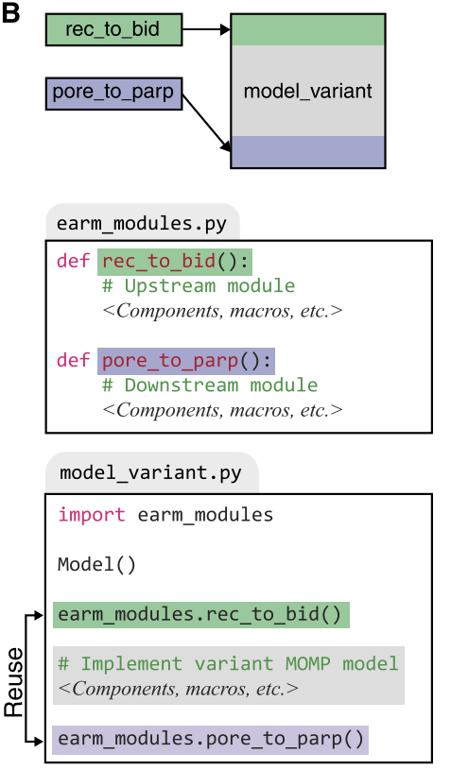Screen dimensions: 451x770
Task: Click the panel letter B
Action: [x=10, y=13]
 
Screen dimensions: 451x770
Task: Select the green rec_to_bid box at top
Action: [x=114, y=30]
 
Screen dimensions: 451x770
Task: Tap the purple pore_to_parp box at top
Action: [x=114, y=94]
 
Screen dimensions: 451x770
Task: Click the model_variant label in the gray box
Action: [x=308, y=92]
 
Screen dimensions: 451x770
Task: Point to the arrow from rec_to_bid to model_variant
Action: [x=206, y=30]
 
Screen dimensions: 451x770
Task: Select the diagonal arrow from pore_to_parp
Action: [x=206, y=122]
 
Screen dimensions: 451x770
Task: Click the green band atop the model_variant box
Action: [x=308, y=30]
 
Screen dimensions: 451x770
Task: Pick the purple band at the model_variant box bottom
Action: [x=308, y=152]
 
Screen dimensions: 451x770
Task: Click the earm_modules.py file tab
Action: [x=143, y=222]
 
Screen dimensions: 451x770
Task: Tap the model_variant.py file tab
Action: [x=151, y=472]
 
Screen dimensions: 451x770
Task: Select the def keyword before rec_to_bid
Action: [x=73, y=260]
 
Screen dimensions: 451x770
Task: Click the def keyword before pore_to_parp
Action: [x=73, y=360]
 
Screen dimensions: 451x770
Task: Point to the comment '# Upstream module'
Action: [x=199, y=286]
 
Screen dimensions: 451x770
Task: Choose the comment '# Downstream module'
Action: [x=210, y=385]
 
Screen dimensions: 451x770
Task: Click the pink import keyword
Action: [x=92, y=515]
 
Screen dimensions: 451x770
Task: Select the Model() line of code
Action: [x=96, y=565]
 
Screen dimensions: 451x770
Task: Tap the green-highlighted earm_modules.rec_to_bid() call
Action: [x=201, y=615]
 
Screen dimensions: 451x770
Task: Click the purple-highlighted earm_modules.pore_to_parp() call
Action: [x=210, y=739]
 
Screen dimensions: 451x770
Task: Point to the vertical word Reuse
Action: [x=14, y=682]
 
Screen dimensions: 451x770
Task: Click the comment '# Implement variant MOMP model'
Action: [x=228, y=664]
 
